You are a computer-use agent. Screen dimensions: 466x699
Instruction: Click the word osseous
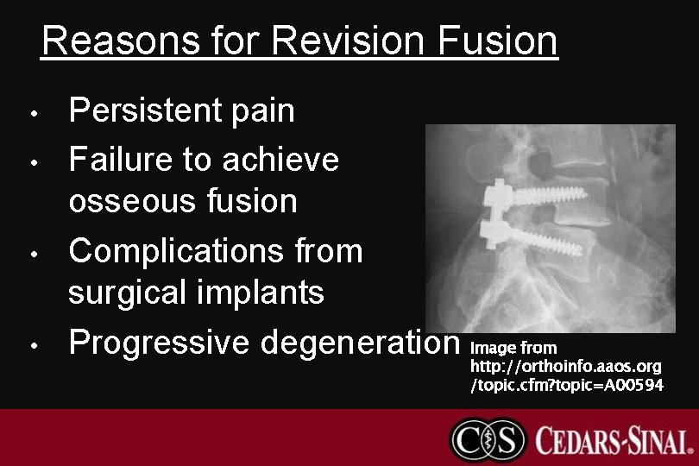tap(132, 202)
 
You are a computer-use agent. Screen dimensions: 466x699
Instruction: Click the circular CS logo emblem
tap(488, 439)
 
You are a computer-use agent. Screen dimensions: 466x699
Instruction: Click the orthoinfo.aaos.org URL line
tap(566, 367)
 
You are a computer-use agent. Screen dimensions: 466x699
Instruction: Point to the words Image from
tap(513, 348)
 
